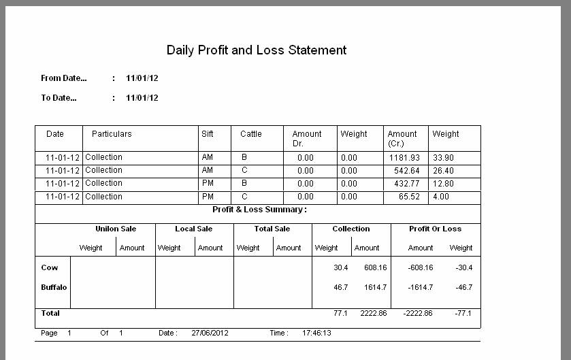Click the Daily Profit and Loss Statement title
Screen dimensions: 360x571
pos(257,50)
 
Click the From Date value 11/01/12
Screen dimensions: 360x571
pos(142,78)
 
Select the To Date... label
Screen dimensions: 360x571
pos(59,98)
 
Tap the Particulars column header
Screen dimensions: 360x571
pos(112,134)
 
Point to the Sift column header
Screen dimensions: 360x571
pos(208,134)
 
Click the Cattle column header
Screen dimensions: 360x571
pos(251,134)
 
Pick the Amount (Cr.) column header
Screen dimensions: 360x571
pos(402,138)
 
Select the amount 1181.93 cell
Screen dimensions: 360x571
pos(404,158)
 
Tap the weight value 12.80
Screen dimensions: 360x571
pos(443,184)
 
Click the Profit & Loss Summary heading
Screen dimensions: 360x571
pos(259,210)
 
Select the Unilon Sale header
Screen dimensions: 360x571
pos(116,229)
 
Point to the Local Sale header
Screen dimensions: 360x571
pos(194,229)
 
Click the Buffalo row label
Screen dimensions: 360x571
pos(54,287)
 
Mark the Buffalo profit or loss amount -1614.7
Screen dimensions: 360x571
pos(420,287)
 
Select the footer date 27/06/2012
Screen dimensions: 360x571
pos(210,333)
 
